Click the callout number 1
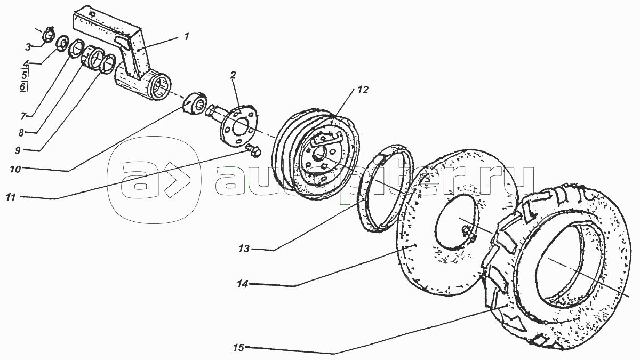pos(186,37)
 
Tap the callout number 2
pos(233,75)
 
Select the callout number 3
pos(28,47)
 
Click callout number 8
pos(21,133)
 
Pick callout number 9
pos(18,150)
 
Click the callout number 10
pos(15,169)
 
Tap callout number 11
pos(11,197)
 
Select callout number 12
pos(363,90)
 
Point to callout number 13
pos(244,249)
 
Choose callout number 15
pos(238,348)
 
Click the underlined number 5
pos(25,76)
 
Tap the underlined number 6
pos(23,87)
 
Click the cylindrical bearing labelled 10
pos(193,103)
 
